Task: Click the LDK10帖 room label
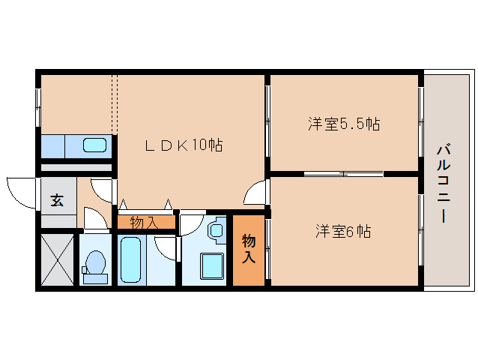coord(184,145)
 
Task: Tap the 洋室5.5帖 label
coord(344,124)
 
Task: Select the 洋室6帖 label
coord(343,231)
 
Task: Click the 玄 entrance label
coord(57,199)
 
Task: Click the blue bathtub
coord(131,259)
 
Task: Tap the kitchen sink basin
coord(94,145)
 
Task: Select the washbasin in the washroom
coord(217,229)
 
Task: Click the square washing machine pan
coord(212,265)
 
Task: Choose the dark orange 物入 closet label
coord(248,249)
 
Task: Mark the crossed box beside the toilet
coord(57,259)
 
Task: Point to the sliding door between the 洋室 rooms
coord(343,174)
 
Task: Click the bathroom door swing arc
coord(166,248)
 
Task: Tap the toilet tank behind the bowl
coord(95,278)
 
